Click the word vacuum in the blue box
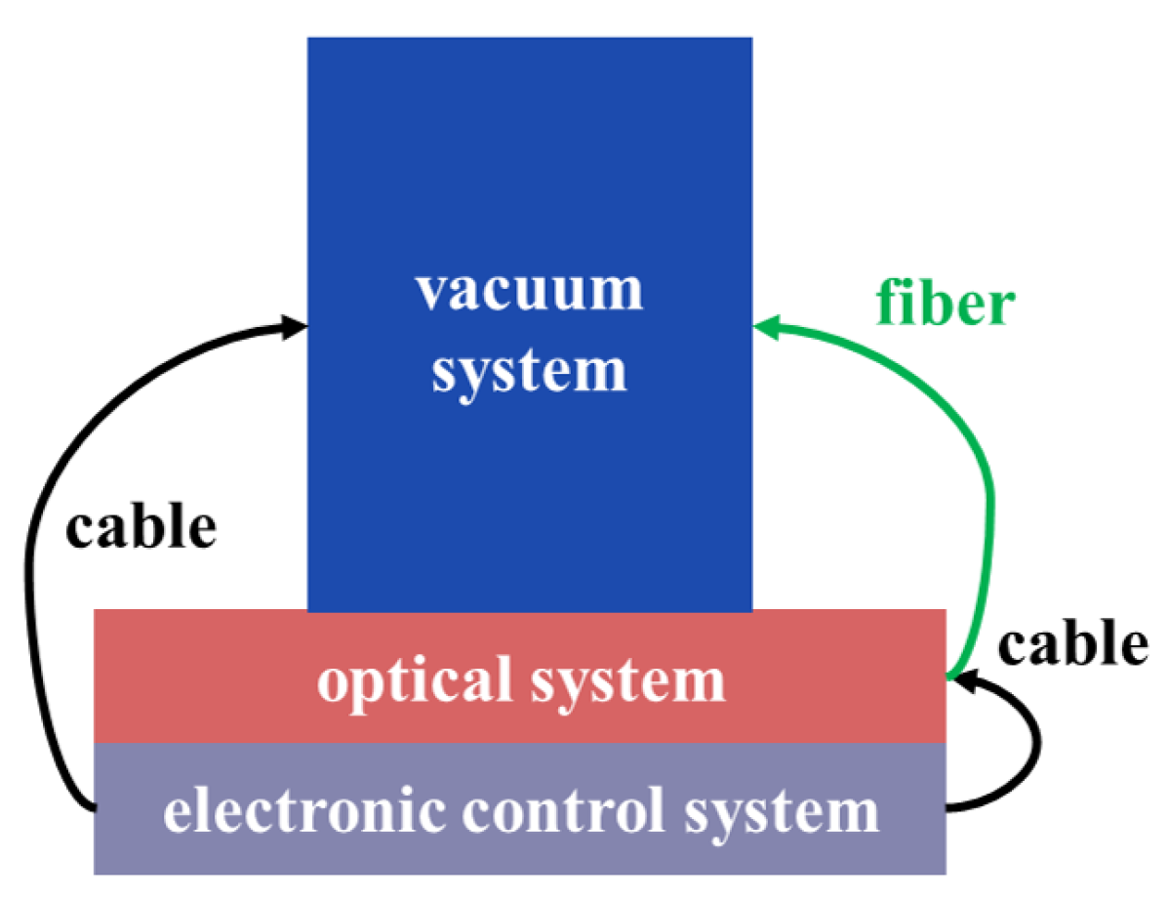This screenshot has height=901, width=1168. (529, 290)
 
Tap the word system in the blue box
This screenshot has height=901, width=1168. (529, 371)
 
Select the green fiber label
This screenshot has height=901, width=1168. (946, 304)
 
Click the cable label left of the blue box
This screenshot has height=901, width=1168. (141, 527)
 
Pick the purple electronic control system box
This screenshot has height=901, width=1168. (127, 810)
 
